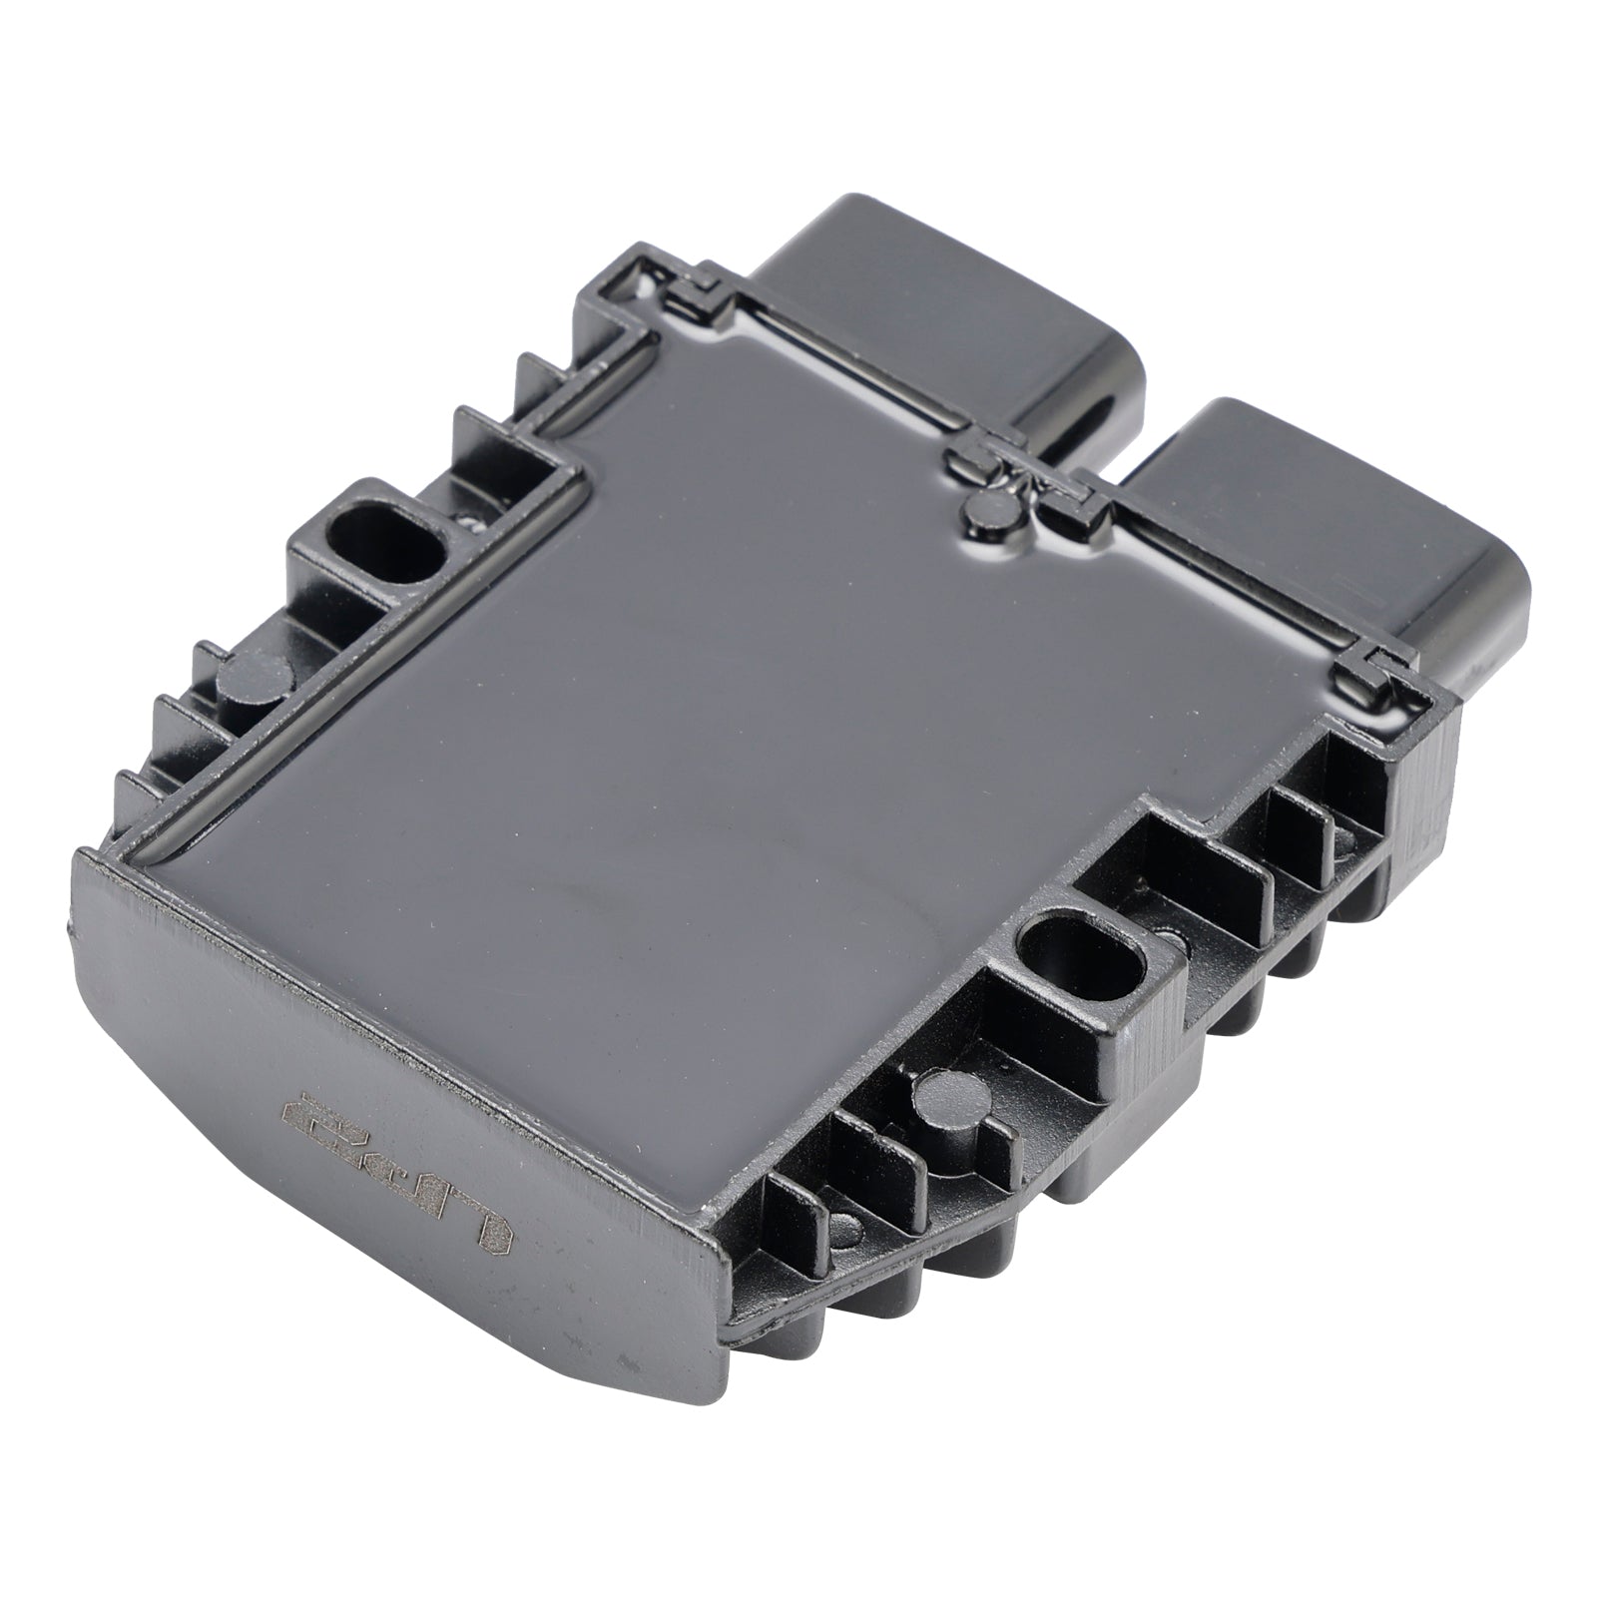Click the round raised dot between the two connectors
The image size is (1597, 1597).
pyautogui.click(x=989, y=508)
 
